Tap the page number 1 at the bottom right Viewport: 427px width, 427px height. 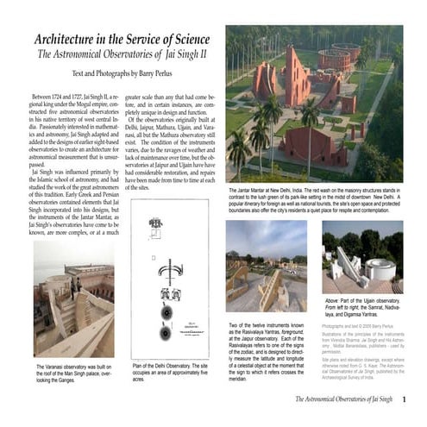pos(416,399)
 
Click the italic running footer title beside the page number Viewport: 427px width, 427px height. pos(343,399)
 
